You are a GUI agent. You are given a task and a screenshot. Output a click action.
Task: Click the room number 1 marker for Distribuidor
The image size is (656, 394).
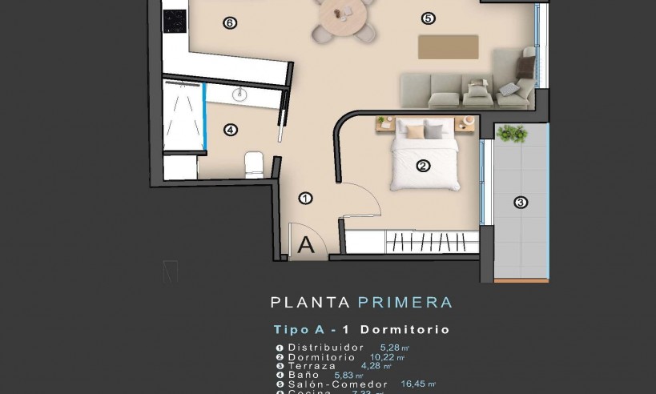coord(305,198)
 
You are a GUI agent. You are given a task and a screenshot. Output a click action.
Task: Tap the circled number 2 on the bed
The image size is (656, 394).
coord(423,167)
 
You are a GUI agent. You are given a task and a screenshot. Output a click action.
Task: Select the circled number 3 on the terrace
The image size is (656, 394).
coord(521,203)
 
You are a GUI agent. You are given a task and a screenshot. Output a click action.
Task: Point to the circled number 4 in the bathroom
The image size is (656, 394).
coord(231,130)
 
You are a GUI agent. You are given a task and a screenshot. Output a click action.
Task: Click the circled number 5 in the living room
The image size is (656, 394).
coord(429,18)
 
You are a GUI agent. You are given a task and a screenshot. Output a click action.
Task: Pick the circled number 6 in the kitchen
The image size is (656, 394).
coord(230,23)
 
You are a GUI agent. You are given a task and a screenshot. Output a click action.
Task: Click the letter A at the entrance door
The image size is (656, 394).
coord(306,246)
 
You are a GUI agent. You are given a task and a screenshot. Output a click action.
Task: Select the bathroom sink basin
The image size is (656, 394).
coord(240,95)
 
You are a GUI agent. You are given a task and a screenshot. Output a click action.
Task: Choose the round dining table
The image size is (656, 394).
coord(345,14)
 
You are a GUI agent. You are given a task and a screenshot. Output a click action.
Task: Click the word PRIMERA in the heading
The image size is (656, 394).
coord(404,303)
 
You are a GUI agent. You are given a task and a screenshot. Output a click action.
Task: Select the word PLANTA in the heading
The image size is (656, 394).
coord(310,303)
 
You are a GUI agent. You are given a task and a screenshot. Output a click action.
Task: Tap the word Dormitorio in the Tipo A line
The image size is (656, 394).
coord(404,330)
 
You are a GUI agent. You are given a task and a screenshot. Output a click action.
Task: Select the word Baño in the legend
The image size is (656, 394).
coord(304,375)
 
